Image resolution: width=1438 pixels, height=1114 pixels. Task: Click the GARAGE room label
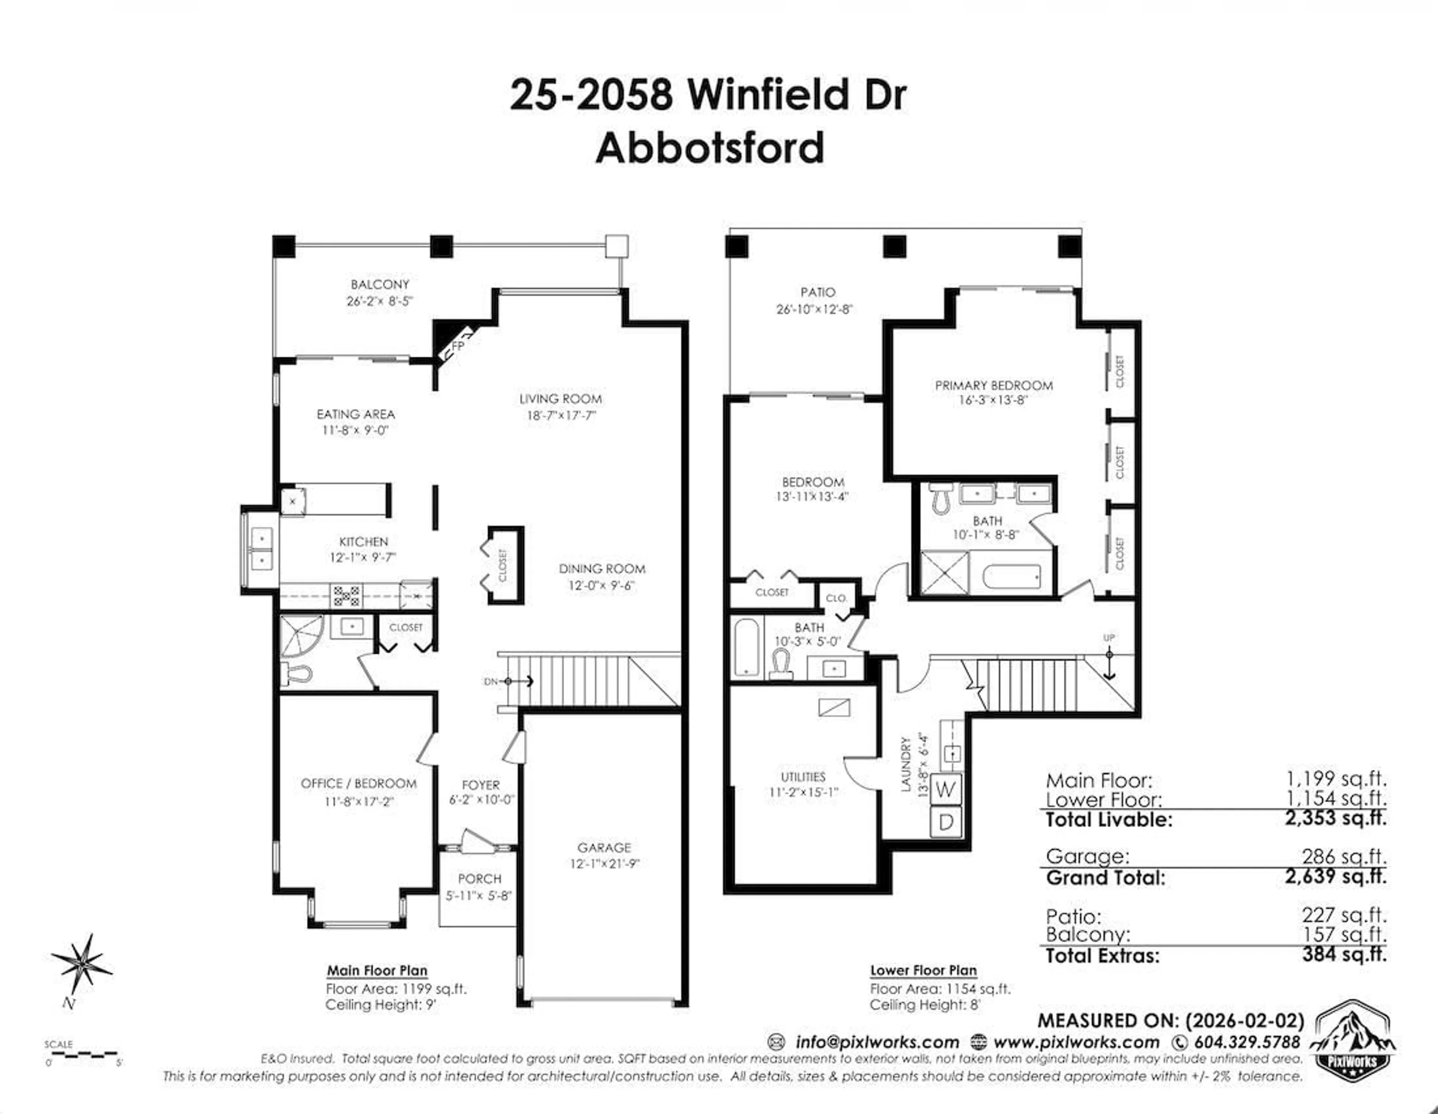tap(604, 848)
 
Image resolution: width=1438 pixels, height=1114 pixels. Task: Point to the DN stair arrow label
tap(492, 682)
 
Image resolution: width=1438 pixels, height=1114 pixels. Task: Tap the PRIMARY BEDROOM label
tap(993, 385)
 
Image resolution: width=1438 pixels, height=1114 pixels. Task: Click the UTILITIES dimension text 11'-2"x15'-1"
tap(803, 793)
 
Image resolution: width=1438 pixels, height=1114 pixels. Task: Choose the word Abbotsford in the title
tap(710, 148)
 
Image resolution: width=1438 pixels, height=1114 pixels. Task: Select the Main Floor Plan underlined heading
tap(377, 971)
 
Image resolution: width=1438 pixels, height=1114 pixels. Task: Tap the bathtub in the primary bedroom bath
tap(1011, 577)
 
